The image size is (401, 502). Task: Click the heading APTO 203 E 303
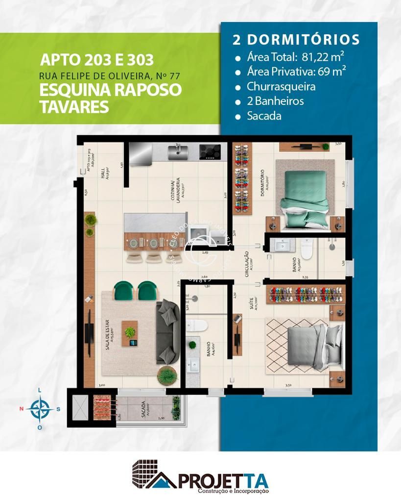(x=96, y=60)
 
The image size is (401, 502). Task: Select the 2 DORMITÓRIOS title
(x=296, y=40)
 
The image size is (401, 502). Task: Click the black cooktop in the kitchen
(x=210, y=151)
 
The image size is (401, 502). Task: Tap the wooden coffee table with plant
(x=130, y=332)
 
